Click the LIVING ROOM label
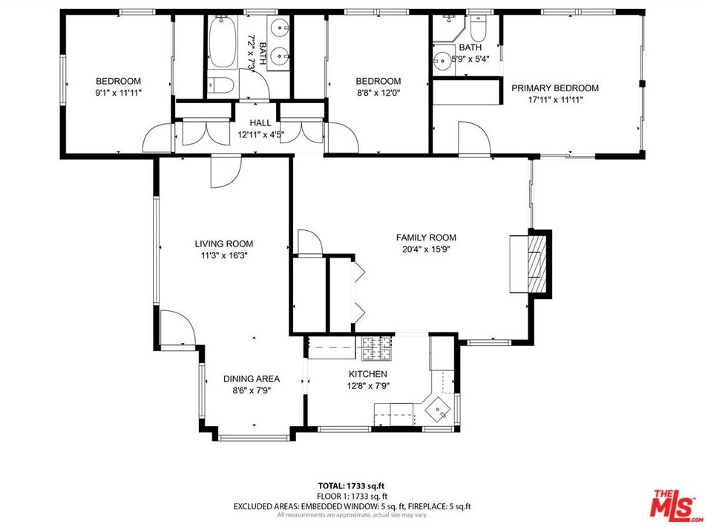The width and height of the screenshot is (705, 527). tap(224, 243)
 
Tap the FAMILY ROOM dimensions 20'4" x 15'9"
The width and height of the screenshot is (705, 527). tap(426, 249)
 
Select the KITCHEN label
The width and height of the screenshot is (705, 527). tap(368, 374)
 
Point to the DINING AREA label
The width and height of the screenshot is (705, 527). tap(252, 379)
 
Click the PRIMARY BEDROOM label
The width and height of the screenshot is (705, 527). tap(555, 88)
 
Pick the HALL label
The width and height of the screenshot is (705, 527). tap(260, 122)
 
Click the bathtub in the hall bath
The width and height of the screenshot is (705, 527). tap(223, 42)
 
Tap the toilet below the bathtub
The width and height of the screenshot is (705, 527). tap(220, 85)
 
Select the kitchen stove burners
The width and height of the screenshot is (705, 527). tap(376, 348)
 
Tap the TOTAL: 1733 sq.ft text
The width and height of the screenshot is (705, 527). tap(351, 485)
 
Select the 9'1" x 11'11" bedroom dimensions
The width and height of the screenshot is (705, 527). tap(118, 93)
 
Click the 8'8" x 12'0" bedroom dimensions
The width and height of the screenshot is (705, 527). tap(378, 93)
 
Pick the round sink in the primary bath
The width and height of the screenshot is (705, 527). tap(442, 59)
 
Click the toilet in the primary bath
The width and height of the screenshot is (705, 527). tap(478, 28)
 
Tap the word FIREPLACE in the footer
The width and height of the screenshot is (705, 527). tap(427, 506)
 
